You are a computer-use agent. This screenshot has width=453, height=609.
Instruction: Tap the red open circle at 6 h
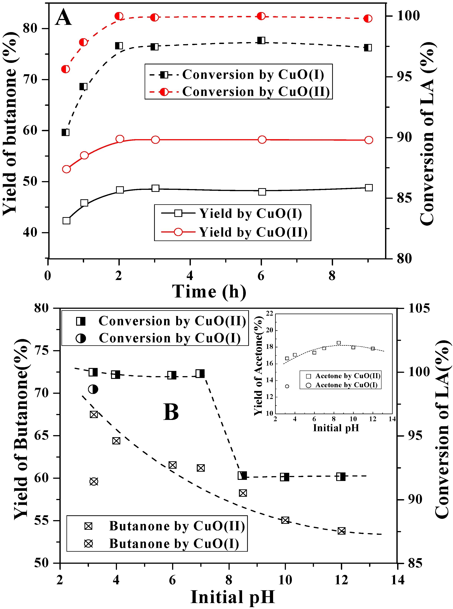pos(262,140)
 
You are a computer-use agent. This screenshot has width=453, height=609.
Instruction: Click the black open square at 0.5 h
pos(66,221)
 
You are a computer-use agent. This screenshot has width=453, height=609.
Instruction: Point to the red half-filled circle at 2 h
pos(119,16)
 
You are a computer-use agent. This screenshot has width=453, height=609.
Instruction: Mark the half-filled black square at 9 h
pos(368,48)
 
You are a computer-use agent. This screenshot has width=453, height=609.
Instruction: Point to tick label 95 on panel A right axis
pos(405,76)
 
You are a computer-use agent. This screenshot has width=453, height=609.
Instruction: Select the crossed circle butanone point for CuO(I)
pos(94,481)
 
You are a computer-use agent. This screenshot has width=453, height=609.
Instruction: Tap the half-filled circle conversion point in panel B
pos(93,389)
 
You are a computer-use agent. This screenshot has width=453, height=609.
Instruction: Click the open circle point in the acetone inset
pos(287,386)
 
